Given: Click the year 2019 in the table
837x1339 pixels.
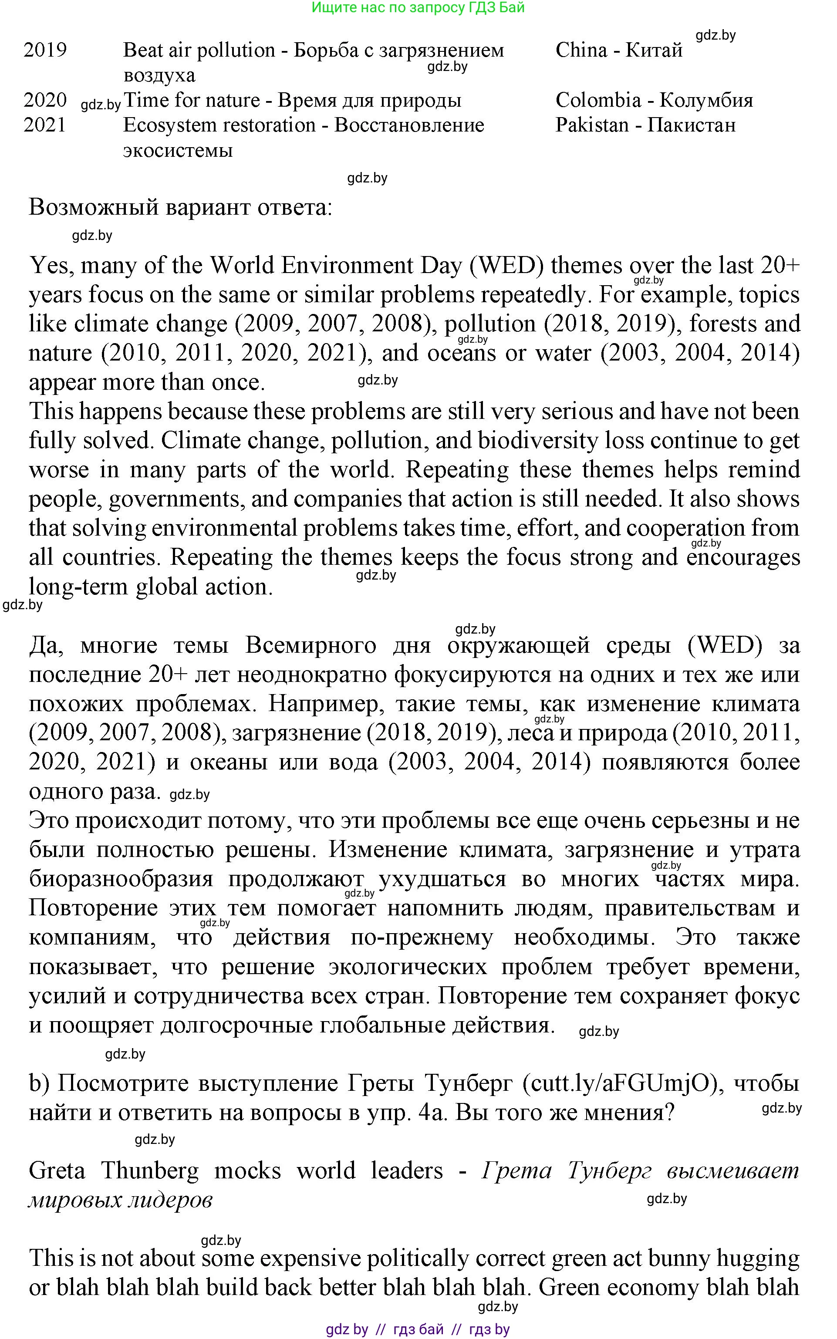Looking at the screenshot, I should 45,51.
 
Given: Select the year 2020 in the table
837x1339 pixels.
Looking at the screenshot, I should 45,100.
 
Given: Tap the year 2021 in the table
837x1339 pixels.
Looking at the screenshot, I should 45,125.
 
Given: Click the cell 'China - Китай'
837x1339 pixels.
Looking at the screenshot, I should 618,51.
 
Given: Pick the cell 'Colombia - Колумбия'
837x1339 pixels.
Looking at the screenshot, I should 654,100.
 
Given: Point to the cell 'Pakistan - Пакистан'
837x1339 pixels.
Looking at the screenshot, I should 645,125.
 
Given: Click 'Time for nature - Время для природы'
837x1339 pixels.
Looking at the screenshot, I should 292,100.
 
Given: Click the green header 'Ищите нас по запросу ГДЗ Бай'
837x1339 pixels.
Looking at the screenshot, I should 418,8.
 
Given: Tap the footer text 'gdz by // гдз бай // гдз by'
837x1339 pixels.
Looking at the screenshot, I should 418,1329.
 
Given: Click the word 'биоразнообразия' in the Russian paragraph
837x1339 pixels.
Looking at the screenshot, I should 121,879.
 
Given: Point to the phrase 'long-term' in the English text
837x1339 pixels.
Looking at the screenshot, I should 78,587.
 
